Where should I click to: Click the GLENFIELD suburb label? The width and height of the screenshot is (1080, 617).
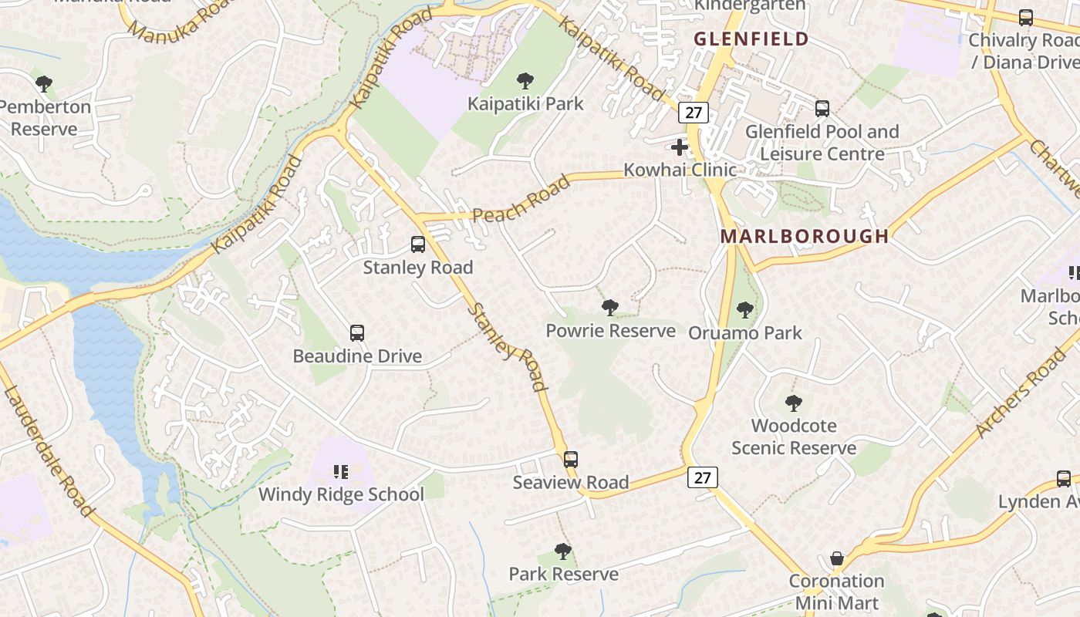(751, 39)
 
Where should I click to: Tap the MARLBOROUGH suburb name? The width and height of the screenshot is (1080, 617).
(805, 236)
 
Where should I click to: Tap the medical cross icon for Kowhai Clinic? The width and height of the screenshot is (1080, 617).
(680, 147)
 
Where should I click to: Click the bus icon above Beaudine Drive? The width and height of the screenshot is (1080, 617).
(357, 333)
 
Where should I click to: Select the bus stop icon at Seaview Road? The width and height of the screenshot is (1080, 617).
(570, 460)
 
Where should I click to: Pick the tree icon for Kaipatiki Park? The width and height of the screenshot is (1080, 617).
(525, 80)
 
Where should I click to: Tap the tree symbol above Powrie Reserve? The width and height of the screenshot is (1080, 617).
(610, 308)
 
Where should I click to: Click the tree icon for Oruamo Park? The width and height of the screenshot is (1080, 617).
(744, 310)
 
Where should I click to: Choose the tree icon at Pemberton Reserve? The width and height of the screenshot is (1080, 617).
(44, 83)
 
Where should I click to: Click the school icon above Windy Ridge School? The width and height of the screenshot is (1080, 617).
(340, 471)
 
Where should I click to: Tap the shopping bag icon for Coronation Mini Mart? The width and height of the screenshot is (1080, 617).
(836, 558)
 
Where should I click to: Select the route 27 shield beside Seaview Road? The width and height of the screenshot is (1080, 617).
(702, 477)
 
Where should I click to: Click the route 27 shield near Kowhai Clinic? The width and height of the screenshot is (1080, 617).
(694, 113)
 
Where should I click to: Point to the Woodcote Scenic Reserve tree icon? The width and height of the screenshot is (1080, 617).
(793, 403)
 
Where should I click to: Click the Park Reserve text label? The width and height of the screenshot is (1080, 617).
(563, 574)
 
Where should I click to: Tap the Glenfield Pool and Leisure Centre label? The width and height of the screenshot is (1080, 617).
(822, 143)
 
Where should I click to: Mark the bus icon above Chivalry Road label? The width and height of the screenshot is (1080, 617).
(1025, 18)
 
